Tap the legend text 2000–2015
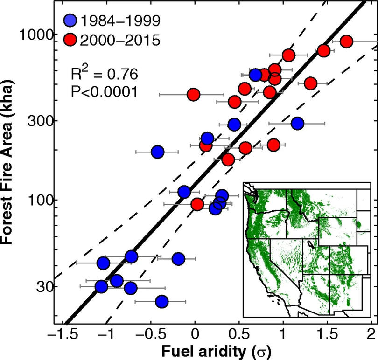pos(120,40)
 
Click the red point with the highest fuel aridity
pos(346,42)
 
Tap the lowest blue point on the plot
pos(161,302)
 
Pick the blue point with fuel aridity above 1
pos(297,124)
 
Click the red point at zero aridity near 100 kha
pos(197,204)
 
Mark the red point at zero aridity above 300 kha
pos(194,94)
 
